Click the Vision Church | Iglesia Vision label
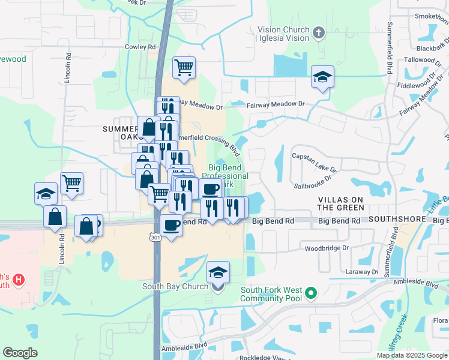(x=283, y=34)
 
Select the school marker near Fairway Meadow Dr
(x=322, y=77)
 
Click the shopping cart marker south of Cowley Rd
(x=184, y=67)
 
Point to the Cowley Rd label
(x=140, y=46)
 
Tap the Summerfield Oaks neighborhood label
(x=121, y=133)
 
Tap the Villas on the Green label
(x=340, y=203)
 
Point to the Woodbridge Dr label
(x=327, y=248)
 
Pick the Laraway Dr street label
(x=362, y=272)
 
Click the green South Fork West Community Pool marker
(x=310, y=293)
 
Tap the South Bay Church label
(x=175, y=286)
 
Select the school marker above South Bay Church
(x=218, y=273)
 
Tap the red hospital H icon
(x=19, y=279)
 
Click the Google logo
(x=20, y=352)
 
